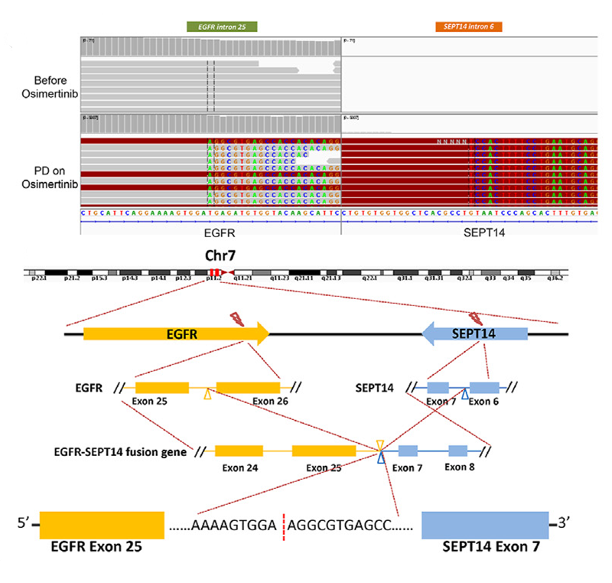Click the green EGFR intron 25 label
pos(222,27)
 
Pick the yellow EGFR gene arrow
pos(176,333)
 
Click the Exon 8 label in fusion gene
pos(461,467)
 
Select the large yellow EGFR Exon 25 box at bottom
pos(102,524)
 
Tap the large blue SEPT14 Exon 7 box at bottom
pos(485,524)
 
